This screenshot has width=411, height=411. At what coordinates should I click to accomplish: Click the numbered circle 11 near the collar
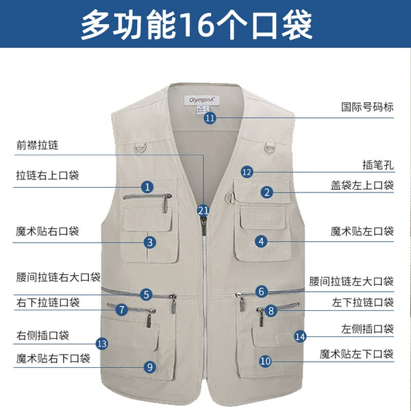[210, 118]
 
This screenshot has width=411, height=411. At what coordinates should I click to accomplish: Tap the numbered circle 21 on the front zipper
[203, 210]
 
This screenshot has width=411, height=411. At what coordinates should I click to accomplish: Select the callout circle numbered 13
[102, 344]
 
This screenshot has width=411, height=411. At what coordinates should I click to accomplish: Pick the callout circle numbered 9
[150, 367]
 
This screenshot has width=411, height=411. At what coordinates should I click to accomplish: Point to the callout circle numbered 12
[247, 172]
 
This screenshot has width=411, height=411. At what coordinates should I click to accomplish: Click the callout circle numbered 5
[147, 295]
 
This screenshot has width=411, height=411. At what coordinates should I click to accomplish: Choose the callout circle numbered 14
[301, 336]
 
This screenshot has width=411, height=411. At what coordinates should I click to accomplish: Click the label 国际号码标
[367, 107]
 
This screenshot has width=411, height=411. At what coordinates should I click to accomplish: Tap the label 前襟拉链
[37, 145]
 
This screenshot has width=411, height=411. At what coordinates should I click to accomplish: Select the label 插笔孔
[378, 165]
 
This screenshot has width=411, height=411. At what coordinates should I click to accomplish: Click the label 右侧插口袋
[42, 335]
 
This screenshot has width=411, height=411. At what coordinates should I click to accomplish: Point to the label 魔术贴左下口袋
[356, 354]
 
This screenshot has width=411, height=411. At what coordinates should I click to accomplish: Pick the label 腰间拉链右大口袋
[58, 277]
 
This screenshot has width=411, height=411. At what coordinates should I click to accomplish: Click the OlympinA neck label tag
[201, 100]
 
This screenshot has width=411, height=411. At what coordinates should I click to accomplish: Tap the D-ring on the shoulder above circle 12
[269, 148]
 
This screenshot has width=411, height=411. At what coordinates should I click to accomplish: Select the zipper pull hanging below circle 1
[165, 205]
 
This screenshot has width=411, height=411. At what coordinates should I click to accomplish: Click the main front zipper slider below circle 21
[203, 225]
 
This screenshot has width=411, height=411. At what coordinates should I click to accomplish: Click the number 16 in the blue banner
[196, 25]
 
